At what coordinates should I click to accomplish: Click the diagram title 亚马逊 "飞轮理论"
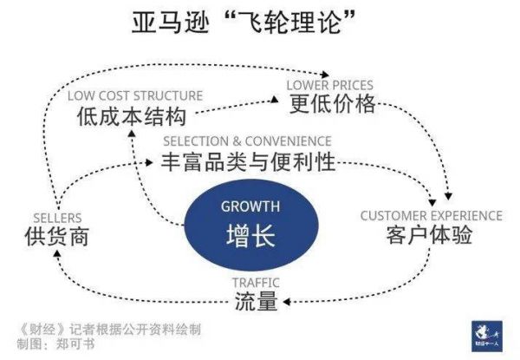point(244,22)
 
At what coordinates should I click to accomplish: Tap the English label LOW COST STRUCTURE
point(135,96)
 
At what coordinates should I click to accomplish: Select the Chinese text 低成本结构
point(132,116)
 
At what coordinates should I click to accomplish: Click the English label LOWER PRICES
point(329,85)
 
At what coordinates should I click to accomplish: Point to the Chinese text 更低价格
point(333,104)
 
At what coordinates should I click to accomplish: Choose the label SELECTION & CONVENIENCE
point(247,141)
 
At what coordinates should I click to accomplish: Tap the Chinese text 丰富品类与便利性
point(248,162)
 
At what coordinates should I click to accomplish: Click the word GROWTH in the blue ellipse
point(250,206)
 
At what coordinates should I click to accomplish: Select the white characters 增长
point(250,235)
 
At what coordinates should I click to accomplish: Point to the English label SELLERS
point(57,218)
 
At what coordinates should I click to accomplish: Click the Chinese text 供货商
point(57,236)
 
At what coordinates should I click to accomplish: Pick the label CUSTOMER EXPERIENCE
point(431,216)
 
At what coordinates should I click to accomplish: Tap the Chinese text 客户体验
point(429,234)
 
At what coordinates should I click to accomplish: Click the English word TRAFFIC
point(256,283)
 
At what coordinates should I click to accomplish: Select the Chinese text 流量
point(256,301)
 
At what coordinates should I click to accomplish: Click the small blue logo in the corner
point(487,336)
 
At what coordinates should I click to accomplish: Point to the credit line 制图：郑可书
point(55,344)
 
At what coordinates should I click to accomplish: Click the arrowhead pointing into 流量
point(287,302)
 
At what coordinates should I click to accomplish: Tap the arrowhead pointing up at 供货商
point(57,254)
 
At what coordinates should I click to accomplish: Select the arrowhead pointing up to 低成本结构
point(132,134)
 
